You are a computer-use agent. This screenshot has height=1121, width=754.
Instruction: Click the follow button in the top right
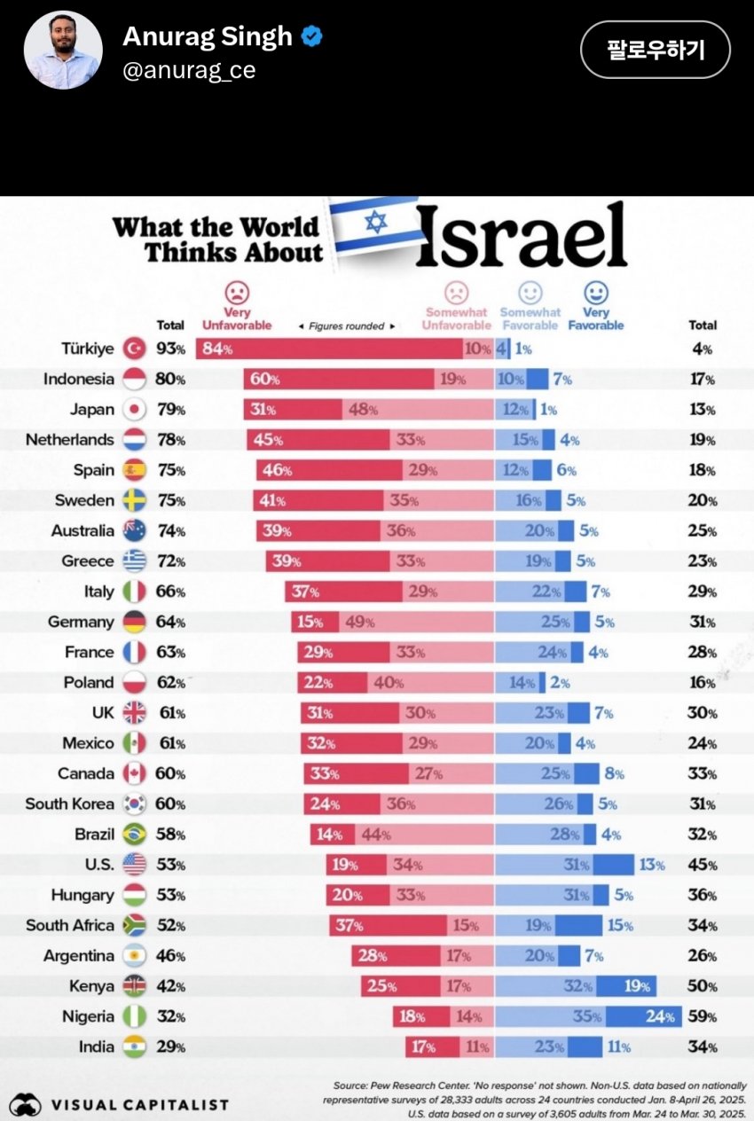tap(655, 50)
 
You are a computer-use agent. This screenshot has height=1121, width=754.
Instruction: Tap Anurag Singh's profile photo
tap(62, 51)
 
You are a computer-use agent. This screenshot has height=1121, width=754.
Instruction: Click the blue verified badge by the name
tap(312, 36)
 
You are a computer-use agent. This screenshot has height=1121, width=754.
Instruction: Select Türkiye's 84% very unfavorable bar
tap(329, 349)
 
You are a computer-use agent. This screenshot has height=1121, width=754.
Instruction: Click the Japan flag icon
tap(132, 409)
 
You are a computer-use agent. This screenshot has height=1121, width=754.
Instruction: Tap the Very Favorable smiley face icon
tap(595, 293)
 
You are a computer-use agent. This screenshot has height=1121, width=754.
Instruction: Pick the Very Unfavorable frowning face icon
tap(236, 293)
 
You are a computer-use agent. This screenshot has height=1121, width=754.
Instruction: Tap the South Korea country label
tap(69, 804)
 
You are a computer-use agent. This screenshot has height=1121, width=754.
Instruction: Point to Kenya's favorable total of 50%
tap(702, 986)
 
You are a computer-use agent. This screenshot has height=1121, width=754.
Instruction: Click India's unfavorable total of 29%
tap(170, 1047)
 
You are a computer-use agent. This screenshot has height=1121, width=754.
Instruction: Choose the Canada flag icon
tap(132, 773)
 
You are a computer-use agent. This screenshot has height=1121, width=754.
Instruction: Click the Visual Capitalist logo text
tap(139, 1105)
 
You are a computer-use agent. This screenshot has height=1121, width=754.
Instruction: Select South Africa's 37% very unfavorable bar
tap(389, 926)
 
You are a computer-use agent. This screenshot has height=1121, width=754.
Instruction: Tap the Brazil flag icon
tap(132, 835)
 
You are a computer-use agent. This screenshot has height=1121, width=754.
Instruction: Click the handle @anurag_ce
tap(189, 71)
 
